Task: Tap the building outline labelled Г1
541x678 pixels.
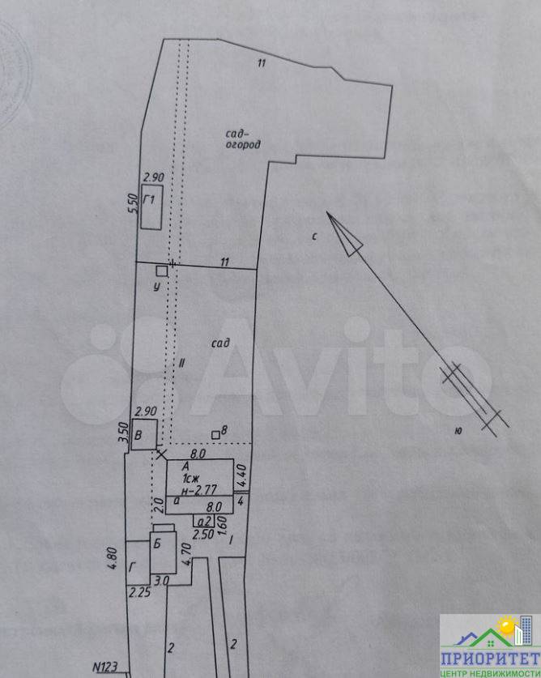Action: pyautogui.click(x=151, y=209)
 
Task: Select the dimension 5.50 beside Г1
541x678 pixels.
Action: pyautogui.click(x=134, y=203)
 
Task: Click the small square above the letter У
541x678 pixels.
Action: pyautogui.click(x=162, y=271)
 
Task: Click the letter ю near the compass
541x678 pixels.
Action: pyautogui.click(x=458, y=430)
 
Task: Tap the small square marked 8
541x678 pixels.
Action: pyautogui.click(x=215, y=435)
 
